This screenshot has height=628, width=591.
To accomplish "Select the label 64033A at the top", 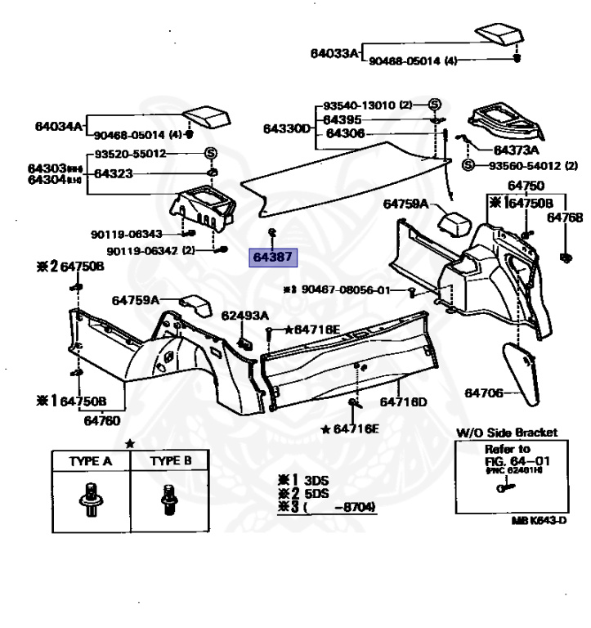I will (334, 54).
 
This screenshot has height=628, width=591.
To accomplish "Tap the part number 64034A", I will (58, 127).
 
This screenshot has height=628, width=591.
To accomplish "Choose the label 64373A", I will (516, 150).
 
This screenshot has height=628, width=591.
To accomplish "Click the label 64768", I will (565, 218).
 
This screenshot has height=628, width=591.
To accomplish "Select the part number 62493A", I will (244, 315).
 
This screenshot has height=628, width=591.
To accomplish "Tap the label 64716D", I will (403, 402).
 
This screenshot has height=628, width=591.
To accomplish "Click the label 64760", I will (101, 421).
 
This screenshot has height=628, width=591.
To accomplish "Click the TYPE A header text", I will (91, 461).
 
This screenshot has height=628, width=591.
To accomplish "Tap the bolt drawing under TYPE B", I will (171, 496).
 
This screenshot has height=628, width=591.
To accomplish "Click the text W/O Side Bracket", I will (506, 433).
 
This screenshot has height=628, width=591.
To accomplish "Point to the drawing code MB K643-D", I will (539, 520).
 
